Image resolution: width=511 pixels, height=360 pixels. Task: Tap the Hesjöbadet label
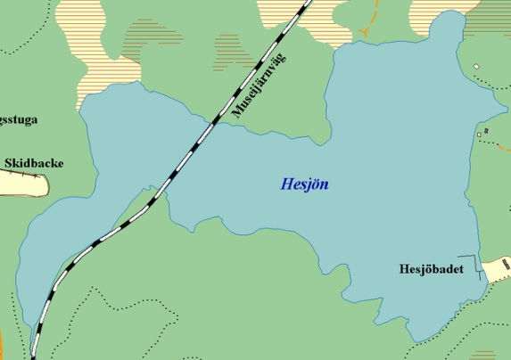pyautogui.click(x=432, y=268)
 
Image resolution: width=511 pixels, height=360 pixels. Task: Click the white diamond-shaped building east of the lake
pyautogui.click(x=476, y=66)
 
